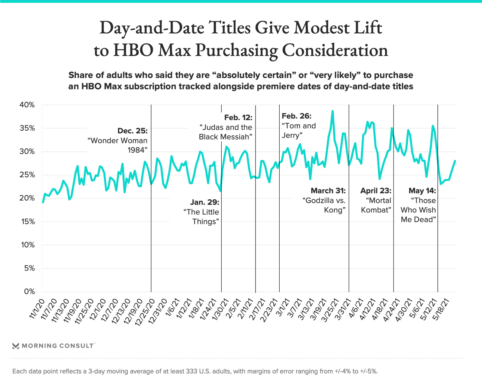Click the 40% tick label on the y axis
point(27,105)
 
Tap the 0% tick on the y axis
point(29,291)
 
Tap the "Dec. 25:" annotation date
point(132,131)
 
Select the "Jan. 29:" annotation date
point(205,202)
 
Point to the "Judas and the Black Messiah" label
point(225,132)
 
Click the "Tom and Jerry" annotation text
point(299,131)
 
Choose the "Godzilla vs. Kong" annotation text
point(324,205)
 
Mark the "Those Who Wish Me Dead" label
point(418,210)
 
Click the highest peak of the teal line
point(332,111)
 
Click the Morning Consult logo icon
point(16,346)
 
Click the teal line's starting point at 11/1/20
point(43,202)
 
